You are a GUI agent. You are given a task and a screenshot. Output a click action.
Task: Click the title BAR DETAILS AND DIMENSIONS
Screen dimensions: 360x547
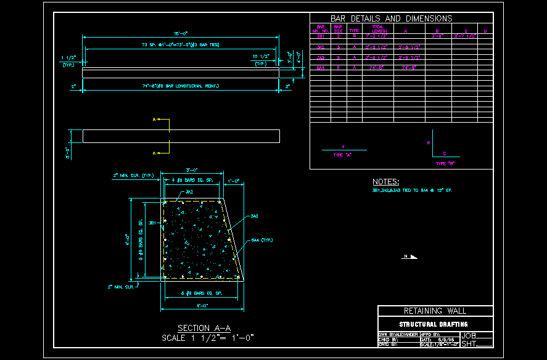(x=391, y=18)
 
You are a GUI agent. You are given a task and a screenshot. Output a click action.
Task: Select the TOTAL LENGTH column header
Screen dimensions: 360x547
(x=379, y=29)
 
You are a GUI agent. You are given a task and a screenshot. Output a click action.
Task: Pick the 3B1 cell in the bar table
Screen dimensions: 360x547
(x=321, y=37)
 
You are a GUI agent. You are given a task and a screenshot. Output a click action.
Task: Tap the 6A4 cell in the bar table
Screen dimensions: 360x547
(x=321, y=67)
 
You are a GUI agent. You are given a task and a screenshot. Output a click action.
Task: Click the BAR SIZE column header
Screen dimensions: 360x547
(x=338, y=29)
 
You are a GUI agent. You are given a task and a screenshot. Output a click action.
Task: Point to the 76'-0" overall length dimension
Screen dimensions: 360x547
(x=180, y=33)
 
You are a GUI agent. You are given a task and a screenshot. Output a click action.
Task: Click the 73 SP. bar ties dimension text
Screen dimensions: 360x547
(x=180, y=45)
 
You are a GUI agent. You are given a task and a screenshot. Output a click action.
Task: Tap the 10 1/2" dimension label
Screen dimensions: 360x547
(x=262, y=56)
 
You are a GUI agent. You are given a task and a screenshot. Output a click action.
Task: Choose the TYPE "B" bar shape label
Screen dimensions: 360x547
(x=445, y=164)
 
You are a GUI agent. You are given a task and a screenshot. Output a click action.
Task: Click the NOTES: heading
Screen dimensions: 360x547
(x=386, y=182)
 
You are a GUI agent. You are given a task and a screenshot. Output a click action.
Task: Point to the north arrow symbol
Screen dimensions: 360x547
(x=411, y=256)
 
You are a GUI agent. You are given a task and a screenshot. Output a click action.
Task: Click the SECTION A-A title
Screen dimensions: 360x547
(x=204, y=328)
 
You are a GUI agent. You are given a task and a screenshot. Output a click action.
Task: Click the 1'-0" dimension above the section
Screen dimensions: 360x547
(x=234, y=180)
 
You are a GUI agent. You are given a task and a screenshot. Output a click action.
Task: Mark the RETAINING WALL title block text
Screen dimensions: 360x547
(x=435, y=311)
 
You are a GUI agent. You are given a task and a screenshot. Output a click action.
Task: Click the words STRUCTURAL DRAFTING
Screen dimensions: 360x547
(x=434, y=324)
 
